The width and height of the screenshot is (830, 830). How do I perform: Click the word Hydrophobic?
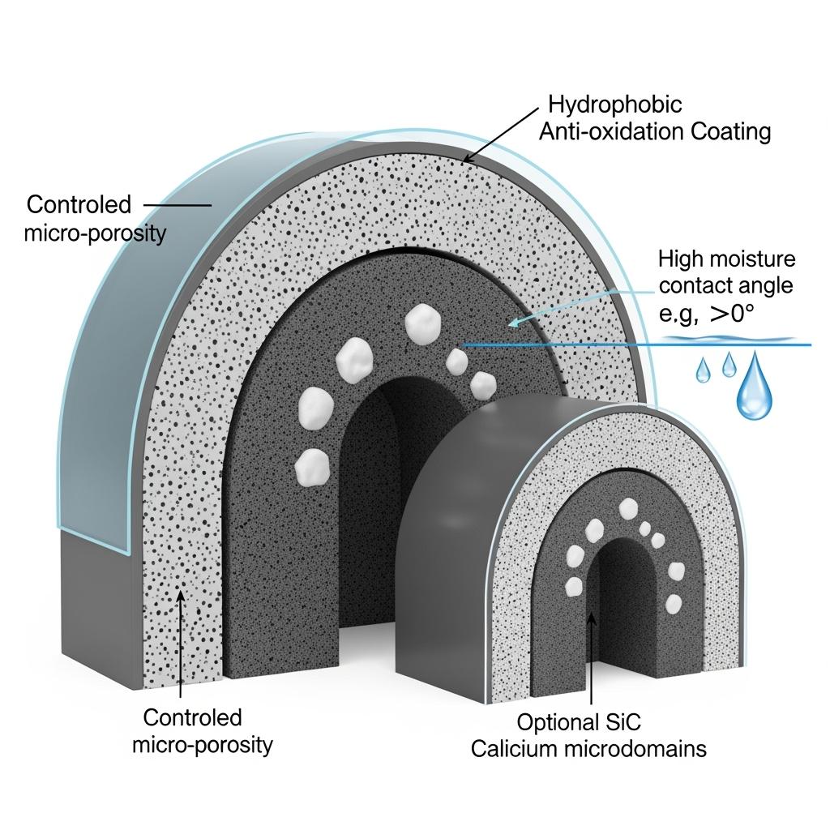point(614,105)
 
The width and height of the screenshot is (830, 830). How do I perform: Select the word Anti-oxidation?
point(606,131)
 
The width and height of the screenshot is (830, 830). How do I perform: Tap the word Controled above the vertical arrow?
point(192,717)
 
